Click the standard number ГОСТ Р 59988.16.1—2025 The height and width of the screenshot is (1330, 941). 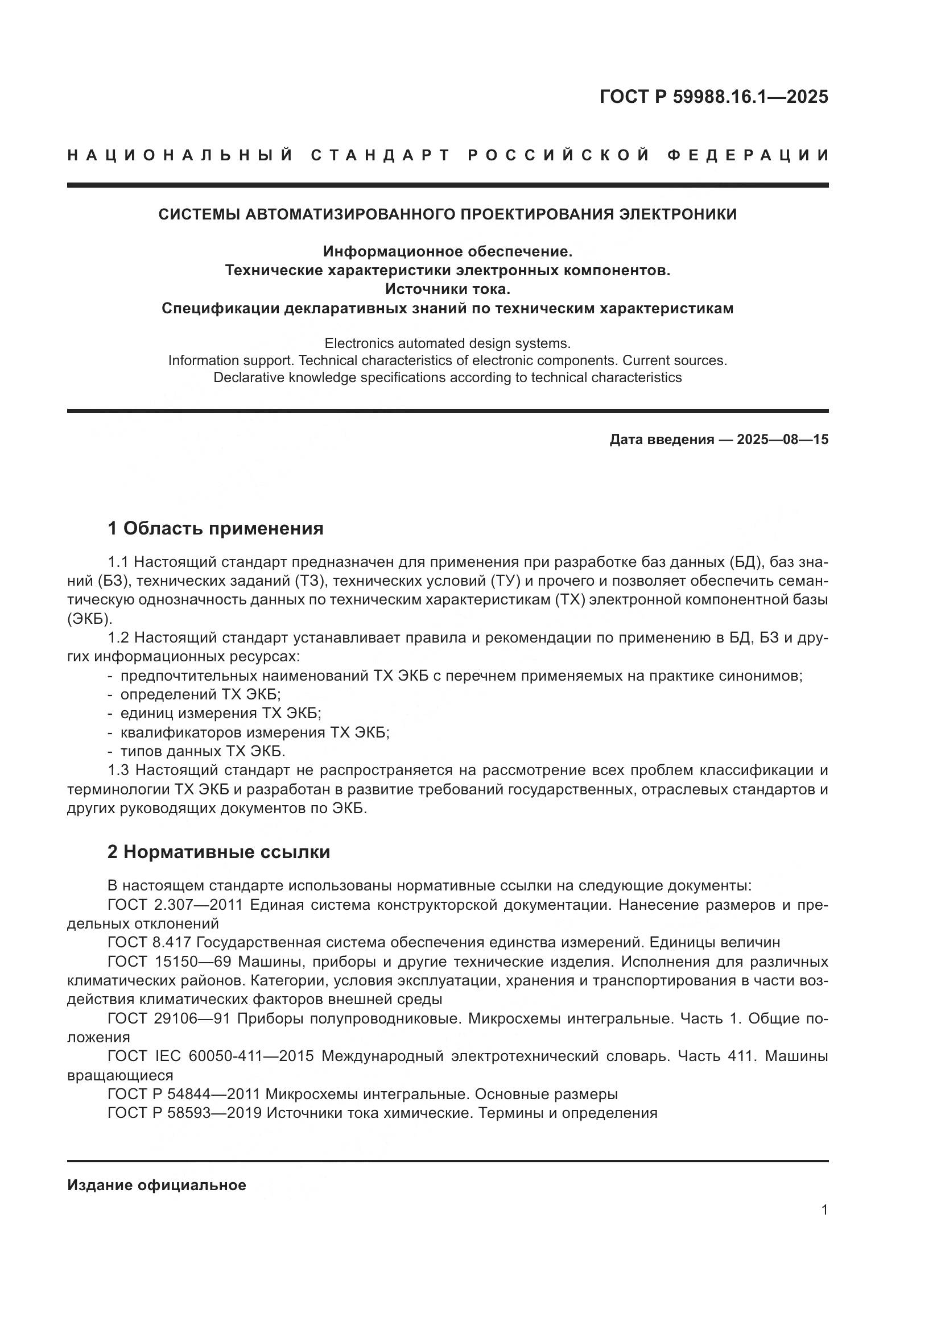713,97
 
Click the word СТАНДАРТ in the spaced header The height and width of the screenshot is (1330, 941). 380,155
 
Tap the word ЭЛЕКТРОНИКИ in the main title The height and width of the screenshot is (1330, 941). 678,214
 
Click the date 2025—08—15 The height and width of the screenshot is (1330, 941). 782,440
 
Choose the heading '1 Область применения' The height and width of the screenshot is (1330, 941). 216,528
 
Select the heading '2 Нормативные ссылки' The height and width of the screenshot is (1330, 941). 219,852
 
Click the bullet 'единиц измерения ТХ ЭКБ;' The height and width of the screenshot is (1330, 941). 220,714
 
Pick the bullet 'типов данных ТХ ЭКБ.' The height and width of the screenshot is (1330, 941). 203,752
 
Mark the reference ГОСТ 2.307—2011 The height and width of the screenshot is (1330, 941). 175,905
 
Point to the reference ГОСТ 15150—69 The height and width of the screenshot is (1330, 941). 169,962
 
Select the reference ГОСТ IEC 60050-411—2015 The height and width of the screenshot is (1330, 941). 211,1056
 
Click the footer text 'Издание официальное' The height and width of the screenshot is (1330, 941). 156,1185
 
